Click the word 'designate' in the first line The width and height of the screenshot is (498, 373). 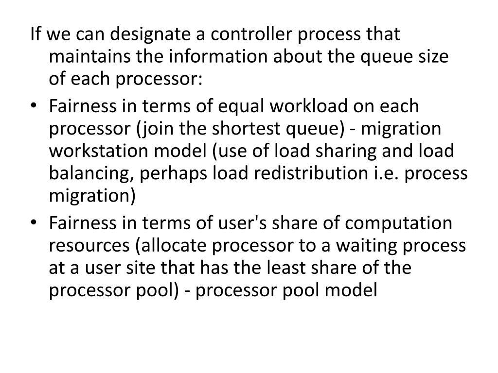coord(134,35)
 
